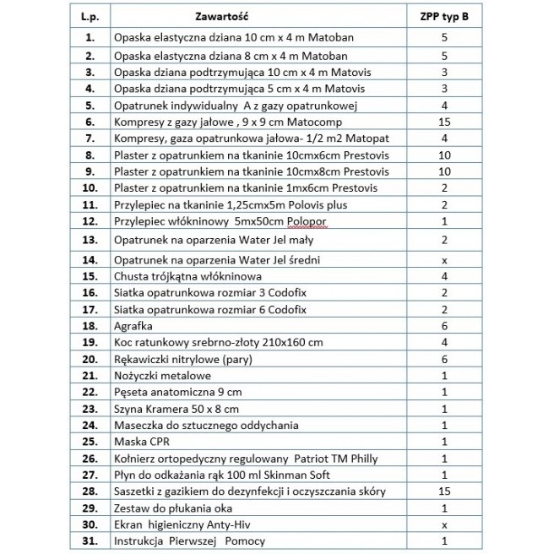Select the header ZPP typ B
[443, 16]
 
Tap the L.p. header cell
[89, 16]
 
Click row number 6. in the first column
[90, 122]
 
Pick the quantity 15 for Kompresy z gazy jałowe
[444, 122]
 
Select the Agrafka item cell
[135, 326]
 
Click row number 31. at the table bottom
[90, 541]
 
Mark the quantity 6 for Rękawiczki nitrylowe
[444, 359]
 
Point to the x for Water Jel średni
[444, 260]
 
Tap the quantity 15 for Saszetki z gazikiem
[444, 492]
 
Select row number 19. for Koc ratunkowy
[90, 343]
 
